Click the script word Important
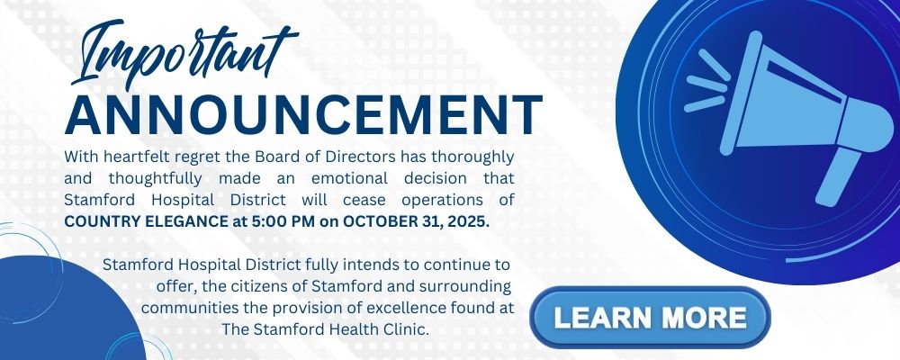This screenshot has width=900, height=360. pos(184,55)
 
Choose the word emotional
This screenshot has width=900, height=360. pos(349,178)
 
